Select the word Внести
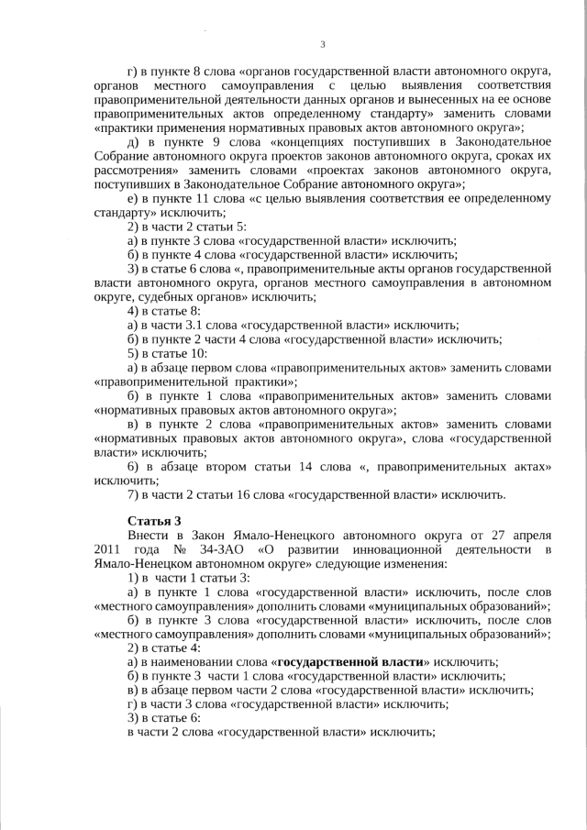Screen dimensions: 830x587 [x=148, y=535]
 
